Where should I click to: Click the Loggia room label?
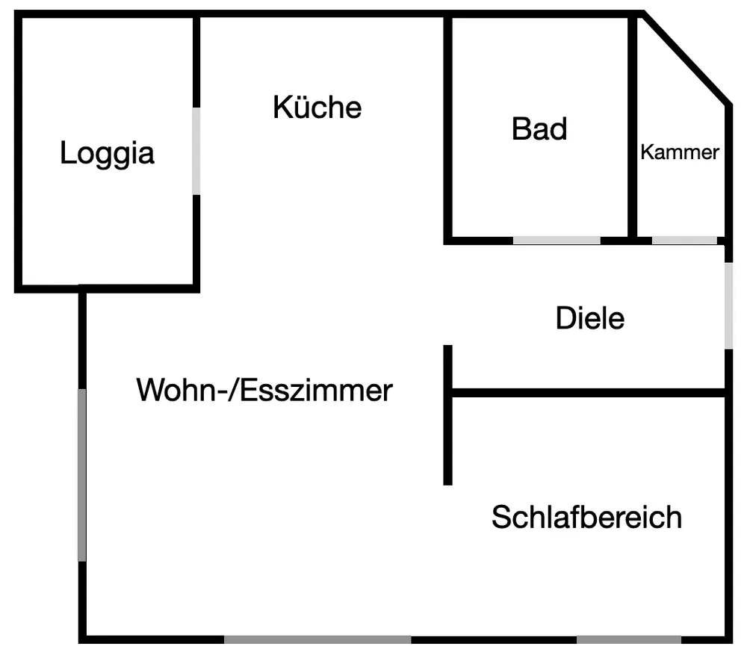(x=108, y=153)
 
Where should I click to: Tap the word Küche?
(x=317, y=107)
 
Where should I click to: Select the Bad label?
(x=539, y=128)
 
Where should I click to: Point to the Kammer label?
(x=680, y=152)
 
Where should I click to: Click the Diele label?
(x=589, y=319)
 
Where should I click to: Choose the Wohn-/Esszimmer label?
(x=264, y=390)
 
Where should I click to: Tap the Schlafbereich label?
(x=586, y=517)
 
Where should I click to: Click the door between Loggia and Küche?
(x=196, y=151)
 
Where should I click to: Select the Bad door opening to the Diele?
(x=557, y=240)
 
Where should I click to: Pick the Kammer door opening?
(x=684, y=240)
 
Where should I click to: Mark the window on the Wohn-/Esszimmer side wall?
(x=82, y=474)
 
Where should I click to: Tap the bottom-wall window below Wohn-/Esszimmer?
(x=317, y=639)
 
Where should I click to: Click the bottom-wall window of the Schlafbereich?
(x=628, y=639)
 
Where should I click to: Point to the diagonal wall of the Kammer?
(x=685, y=58)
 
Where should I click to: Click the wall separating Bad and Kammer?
(x=632, y=127)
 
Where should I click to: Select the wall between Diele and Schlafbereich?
(x=590, y=392)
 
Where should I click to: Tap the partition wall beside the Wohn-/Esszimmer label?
(x=448, y=415)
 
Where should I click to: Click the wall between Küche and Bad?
(x=448, y=127)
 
